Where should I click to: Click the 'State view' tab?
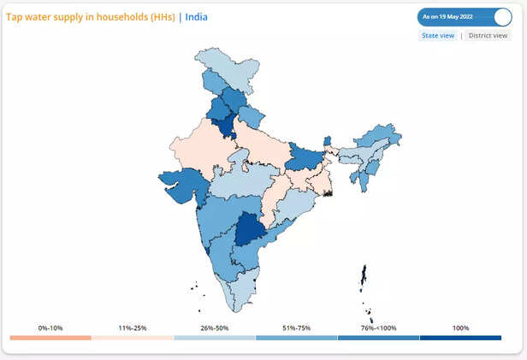437,36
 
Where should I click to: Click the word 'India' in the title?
196,17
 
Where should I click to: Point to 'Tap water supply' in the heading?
43,17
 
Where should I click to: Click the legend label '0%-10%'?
50,328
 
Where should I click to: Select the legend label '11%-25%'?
132,328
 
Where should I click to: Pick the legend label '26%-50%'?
214,328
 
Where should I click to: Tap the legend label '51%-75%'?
296,328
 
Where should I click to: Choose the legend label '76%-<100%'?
377,328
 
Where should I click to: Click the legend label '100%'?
460,328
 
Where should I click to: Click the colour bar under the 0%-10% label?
50,338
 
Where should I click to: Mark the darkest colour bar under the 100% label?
460,338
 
